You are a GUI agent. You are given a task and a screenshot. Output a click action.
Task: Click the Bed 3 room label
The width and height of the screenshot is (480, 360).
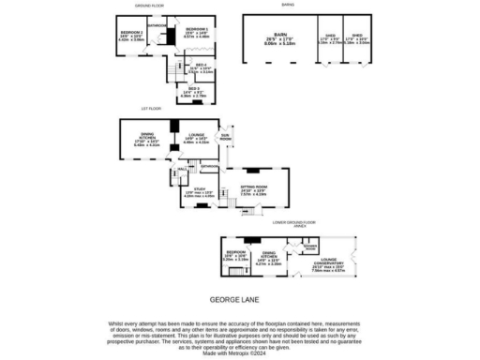[x=193, y=89]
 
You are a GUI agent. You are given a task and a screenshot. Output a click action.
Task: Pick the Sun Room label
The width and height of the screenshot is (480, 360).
[x=225, y=137]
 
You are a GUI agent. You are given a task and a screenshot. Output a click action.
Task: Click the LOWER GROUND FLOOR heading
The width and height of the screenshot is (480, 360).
[x=293, y=221]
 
